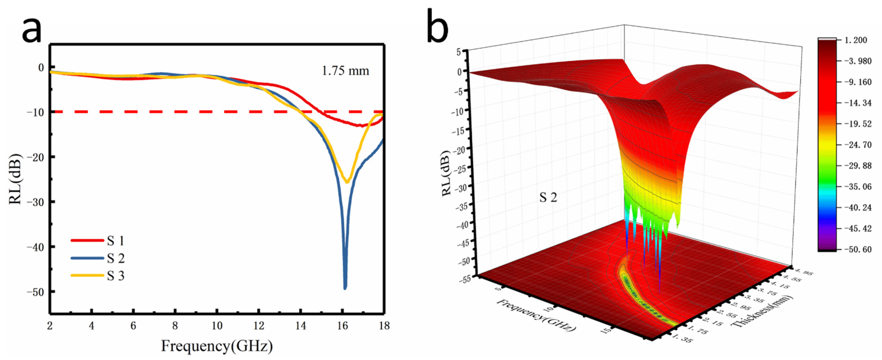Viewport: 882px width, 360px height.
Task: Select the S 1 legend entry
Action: coord(115,241)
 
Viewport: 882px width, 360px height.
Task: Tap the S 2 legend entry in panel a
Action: coord(115,258)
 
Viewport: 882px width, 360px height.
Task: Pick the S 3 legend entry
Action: coord(115,276)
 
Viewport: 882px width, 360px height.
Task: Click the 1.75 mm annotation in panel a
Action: coord(345,71)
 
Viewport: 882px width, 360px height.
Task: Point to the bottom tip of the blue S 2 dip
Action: coord(345,288)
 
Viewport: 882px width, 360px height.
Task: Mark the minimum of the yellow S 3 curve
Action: coord(347,182)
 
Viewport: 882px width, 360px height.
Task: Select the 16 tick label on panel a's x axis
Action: coord(342,326)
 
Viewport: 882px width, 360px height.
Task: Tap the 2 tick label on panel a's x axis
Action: coord(50,326)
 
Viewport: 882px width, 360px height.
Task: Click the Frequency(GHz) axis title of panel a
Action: coord(217,346)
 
